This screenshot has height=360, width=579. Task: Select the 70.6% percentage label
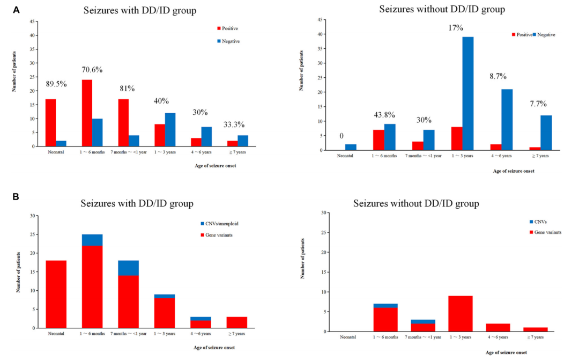coord(92,69)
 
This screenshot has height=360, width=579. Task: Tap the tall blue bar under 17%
coord(469,93)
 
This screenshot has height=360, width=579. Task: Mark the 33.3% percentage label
coord(234,124)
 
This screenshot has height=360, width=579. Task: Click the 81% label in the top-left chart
coord(128,88)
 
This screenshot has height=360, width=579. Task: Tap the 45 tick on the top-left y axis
coord(33,21)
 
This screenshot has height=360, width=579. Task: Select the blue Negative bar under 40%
coord(170,130)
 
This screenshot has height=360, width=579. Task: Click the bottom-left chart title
coord(137,204)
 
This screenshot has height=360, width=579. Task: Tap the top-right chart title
coord(442,9)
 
